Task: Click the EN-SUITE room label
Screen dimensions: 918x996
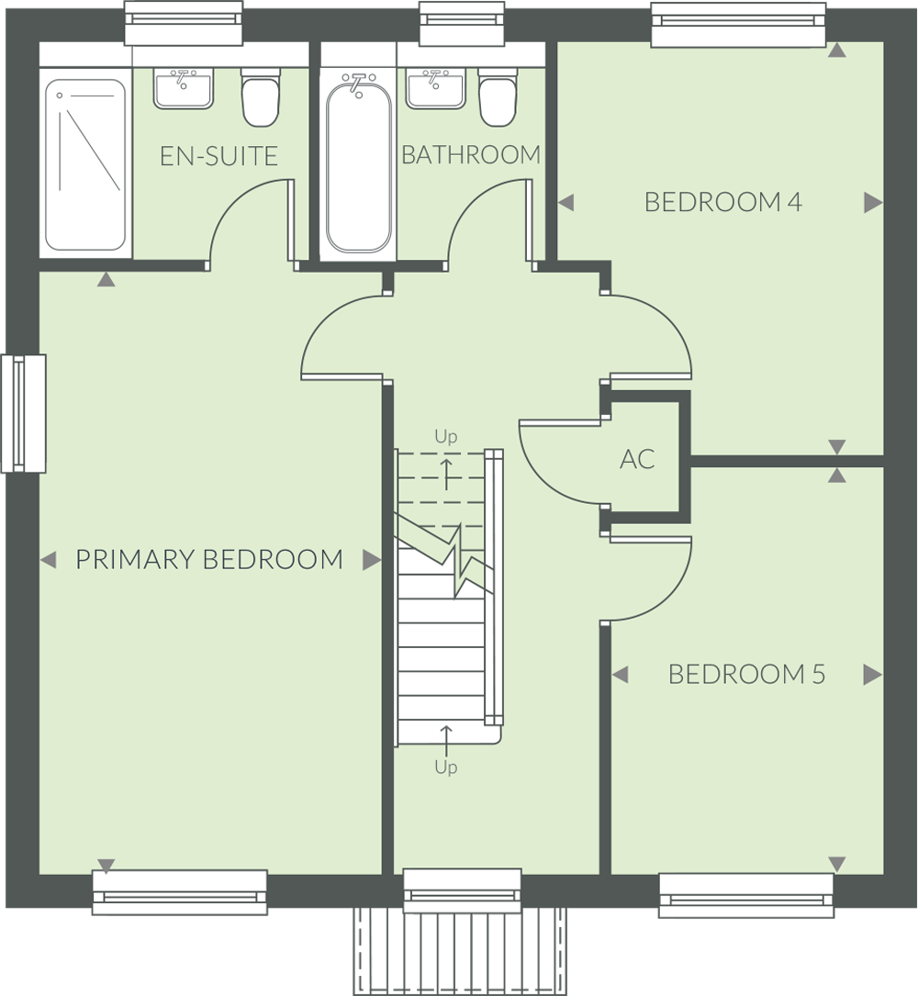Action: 218,156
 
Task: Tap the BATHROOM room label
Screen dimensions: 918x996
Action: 471,154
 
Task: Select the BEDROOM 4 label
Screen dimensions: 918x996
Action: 723,202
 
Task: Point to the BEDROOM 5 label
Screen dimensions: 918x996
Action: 746,674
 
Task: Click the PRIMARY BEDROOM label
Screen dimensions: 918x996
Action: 209,560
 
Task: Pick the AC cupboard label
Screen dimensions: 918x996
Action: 637,459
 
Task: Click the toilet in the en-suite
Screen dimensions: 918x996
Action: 261,97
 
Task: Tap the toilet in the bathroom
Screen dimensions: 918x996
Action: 498,97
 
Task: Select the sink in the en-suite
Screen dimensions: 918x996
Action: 184,88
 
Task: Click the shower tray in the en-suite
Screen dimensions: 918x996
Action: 85,164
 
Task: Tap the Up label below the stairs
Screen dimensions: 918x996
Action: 446,767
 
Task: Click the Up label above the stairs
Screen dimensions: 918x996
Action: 446,436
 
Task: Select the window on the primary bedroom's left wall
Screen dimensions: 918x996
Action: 24,413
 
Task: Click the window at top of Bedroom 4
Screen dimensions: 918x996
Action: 739,24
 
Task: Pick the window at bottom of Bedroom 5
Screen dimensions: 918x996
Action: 745,895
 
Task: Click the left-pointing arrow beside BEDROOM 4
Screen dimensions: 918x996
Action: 566,203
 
